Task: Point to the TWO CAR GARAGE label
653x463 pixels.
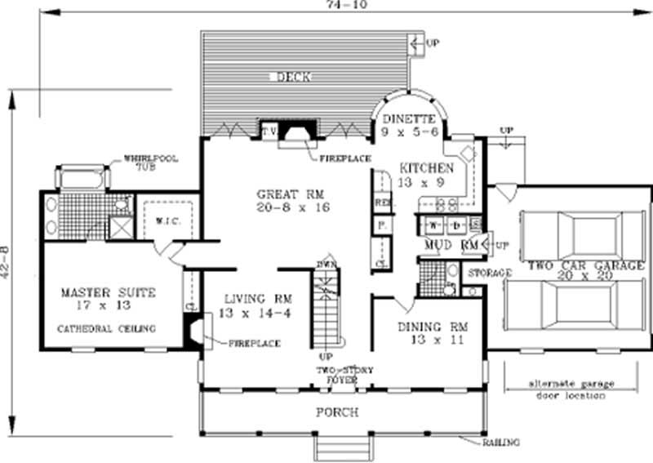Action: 585,265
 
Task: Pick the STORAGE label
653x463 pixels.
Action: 487,272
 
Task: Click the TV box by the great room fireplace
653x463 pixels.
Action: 268,130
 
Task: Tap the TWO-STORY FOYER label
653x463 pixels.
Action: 346,375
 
